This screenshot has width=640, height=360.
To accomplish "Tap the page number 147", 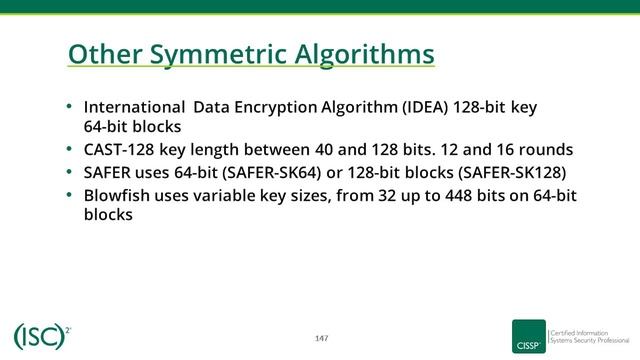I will (321, 337).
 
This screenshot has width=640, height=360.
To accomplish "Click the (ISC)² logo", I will (41, 336).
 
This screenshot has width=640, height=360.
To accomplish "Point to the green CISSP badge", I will (528, 337).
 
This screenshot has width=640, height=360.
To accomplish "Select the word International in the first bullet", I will (134, 107).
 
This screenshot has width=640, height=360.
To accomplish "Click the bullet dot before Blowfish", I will (69, 194).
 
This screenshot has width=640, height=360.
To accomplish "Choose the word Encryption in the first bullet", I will (277, 107).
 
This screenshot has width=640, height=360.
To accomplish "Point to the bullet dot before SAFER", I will (69, 171).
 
